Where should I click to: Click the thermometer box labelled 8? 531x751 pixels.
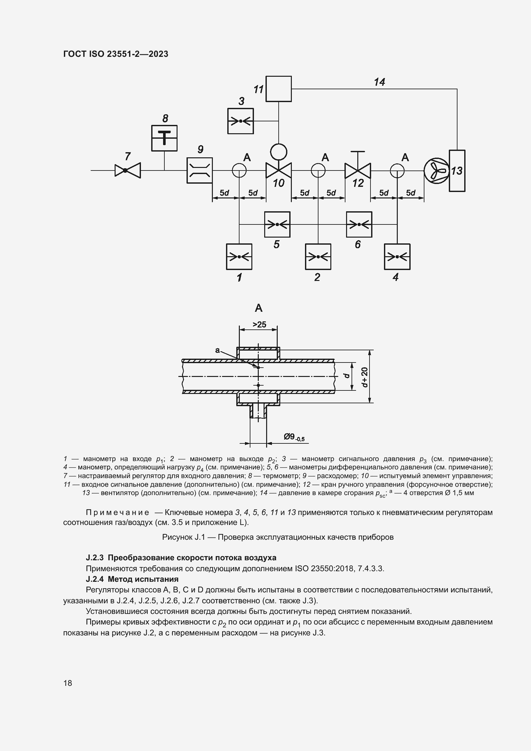[x=164, y=138]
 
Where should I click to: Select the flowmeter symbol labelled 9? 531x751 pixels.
[x=199, y=170]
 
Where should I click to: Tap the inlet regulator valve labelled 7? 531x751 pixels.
[x=127, y=170]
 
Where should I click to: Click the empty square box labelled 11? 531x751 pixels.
[x=279, y=89]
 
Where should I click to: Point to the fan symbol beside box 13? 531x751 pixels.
[x=436, y=170]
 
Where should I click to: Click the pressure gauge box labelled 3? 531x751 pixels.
[x=240, y=121]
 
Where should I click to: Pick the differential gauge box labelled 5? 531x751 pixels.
[x=277, y=224]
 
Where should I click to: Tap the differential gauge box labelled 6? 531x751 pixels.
[x=359, y=224]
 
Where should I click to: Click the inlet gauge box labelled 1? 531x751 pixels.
[x=239, y=257]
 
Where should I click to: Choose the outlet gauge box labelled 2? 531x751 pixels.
[x=318, y=257]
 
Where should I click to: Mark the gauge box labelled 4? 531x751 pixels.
[x=397, y=257]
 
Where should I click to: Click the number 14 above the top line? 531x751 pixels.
[x=379, y=82]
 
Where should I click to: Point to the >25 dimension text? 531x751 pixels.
[x=259, y=325]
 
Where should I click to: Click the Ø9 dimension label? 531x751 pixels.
[x=294, y=437]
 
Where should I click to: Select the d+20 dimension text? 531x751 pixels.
[x=365, y=377]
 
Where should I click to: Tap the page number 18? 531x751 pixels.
[x=68, y=683]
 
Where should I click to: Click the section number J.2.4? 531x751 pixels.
[x=94, y=579]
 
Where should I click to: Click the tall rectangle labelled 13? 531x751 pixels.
[x=457, y=171]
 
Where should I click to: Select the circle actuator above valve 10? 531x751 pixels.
[x=279, y=152]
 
